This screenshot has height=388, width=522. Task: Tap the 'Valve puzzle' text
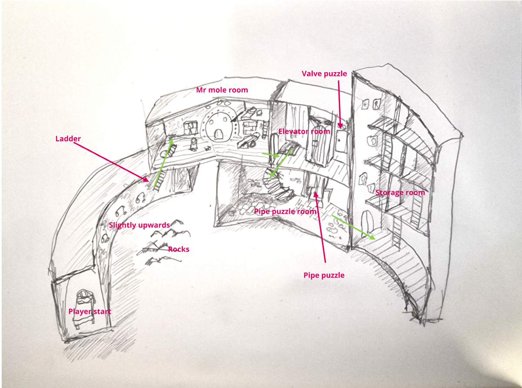click(x=325, y=74)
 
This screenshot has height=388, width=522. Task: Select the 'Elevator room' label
click(x=304, y=131)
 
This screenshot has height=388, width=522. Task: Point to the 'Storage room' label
click(x=400, y=192)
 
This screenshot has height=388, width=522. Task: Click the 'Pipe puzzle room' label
click(x=285, y=212)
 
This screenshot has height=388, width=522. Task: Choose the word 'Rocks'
click(x=178, y=249)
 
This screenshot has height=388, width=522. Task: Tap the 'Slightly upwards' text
click(x=139, y=225)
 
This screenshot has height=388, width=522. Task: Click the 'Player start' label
click(x=90, y=312)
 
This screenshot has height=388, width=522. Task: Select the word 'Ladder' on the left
click(x=68, y=139)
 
